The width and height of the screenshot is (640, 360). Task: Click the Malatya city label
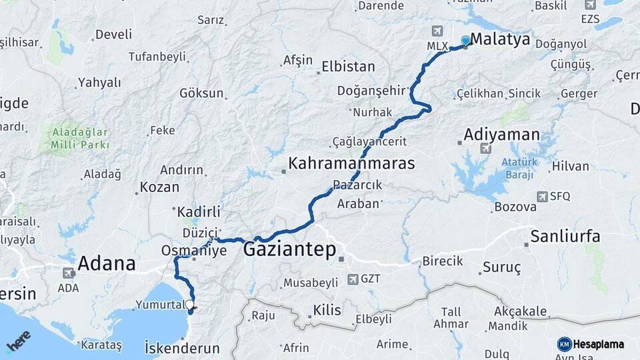pyautogui.click(x=500, y=39)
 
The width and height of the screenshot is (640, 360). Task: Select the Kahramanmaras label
pyautogui.click(x=351, y=163)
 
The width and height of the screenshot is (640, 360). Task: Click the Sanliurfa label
pyautogui.click(x=565, y=236)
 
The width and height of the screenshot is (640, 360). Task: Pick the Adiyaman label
pyautogui.click(x=501, y=135)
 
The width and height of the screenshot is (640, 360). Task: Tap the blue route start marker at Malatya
pyautogui.click(x=465, y=41)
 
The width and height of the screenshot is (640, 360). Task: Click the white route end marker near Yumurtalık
pyautogui.click(x=190, y=305)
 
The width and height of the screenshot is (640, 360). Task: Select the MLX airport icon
pyautogui.click(x=437, y=31)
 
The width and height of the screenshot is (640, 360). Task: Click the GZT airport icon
pyautogui.click(x=353, y=278)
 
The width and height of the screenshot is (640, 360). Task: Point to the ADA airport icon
pyautogui.click(x=68, y=273)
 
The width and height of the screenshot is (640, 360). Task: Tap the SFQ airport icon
pyautogui.click(x=541, y=196)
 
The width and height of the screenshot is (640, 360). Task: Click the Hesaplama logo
pyautogui.click(x=591, y=344)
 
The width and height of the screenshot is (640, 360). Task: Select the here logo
pyautogui.click(x=18, y=342)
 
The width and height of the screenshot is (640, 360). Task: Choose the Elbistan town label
pyautogui.click(x=348, y=67)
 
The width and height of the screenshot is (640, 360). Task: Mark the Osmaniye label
pyautogui.click(x=194, y=251)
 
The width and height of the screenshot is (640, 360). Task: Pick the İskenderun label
pyautogui.click(x=182, y=347)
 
